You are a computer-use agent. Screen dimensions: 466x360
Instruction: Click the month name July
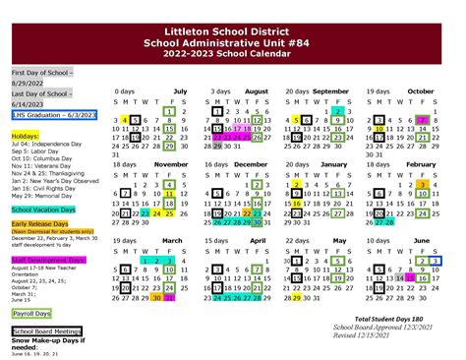(180, 90)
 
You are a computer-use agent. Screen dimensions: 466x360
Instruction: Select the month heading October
(420, 90)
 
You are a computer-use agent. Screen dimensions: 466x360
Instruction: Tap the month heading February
(420, 163)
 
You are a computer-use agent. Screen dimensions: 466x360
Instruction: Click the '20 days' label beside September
(297, 90)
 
